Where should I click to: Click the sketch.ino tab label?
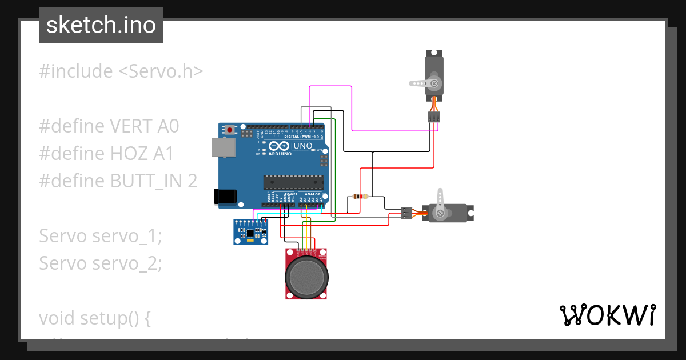tap(101, 25)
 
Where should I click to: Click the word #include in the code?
tap(76, 71)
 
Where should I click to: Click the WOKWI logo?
tap(607, 315)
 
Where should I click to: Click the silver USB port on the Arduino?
tap(223, 147)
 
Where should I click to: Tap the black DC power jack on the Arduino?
tap(225, 196)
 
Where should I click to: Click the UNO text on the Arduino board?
tap(303, 146)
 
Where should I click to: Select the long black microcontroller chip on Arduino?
tap(293, 182)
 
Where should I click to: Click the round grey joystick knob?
tap(306, 276)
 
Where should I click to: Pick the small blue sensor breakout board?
tap(250, 232)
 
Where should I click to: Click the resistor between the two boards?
tap(361, 197)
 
